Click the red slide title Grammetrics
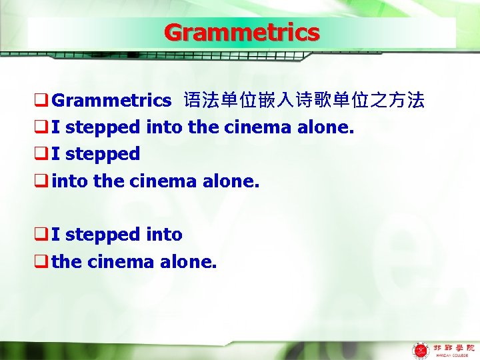point(241,32)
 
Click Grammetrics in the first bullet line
point(111,101)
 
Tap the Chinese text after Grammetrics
point(303,101)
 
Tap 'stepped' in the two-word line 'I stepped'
point(103,153)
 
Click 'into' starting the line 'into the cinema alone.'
point(69,180)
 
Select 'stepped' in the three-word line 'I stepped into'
point(103,234)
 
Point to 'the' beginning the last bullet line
point(65,261)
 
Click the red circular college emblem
point(421,350)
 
